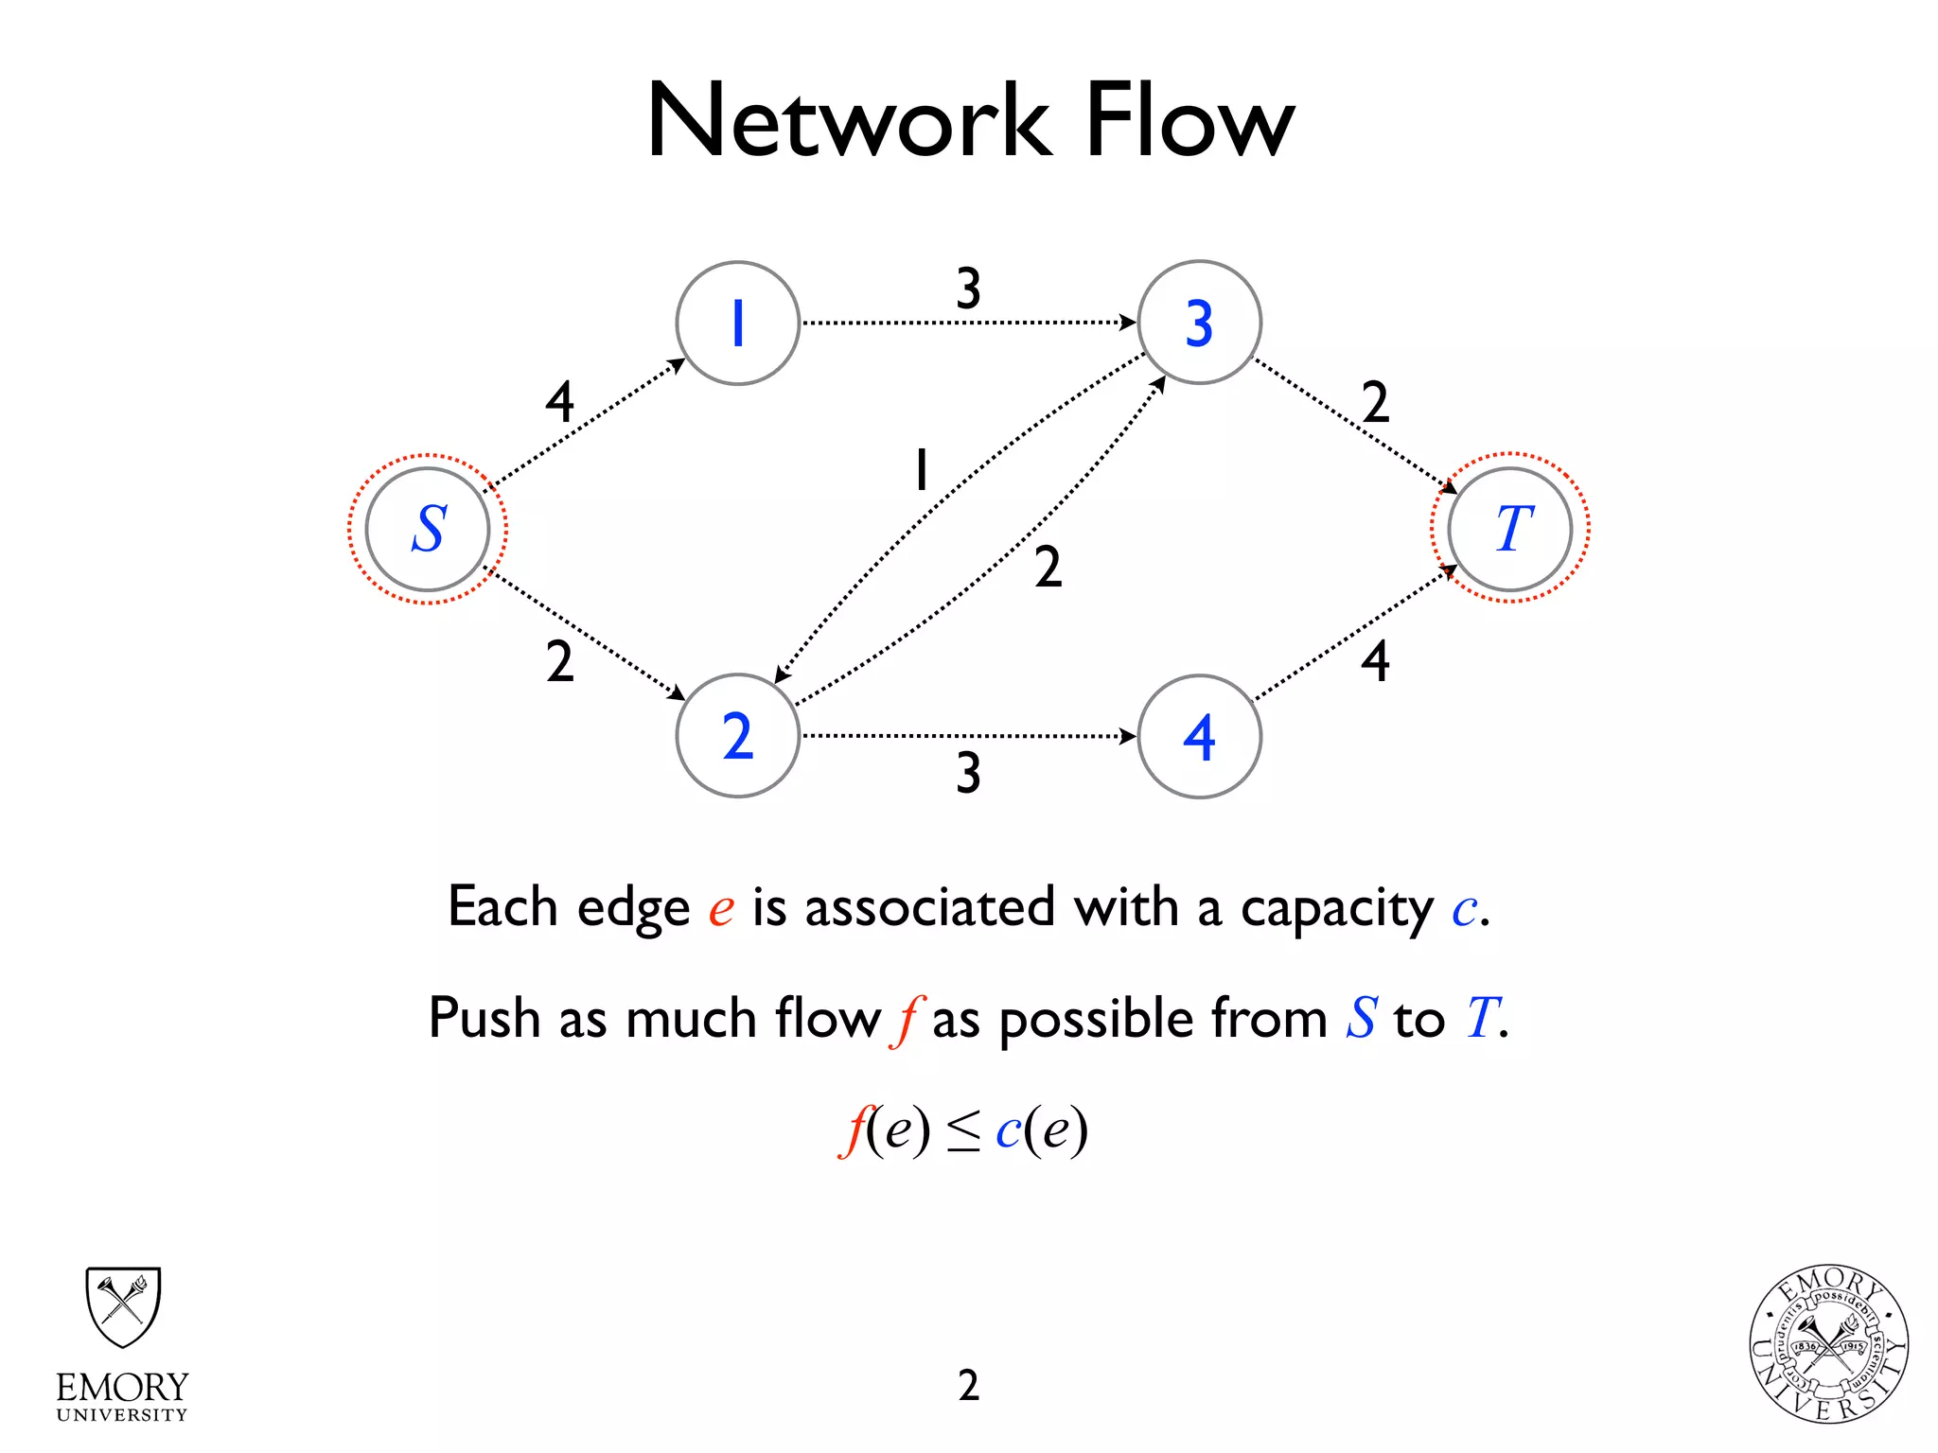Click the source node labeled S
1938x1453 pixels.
click(428, 529)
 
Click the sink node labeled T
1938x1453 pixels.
click(1510, 529)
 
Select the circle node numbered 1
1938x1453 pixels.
click(738, 324)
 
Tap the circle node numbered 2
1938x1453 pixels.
click(738, 736)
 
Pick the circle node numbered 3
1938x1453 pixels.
click(1199, 324)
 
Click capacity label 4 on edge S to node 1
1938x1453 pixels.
click(559, 402)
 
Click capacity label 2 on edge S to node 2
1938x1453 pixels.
click(559, 661)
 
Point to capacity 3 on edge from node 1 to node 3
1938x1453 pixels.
click(968, 288)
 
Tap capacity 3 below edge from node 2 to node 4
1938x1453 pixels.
click(968, 773)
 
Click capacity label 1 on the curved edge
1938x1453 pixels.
click(921, 470)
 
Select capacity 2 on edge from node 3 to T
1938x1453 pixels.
click(1375, 402)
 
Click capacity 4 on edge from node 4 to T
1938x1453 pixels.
click(1375, 661)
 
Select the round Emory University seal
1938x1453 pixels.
click(1828, 1344)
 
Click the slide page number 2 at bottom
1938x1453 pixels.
click(968, 1386)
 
